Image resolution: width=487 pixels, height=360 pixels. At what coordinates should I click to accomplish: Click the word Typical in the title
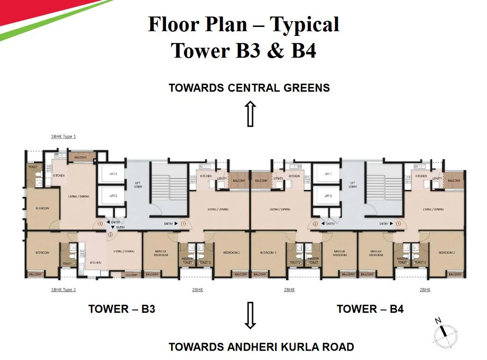click(x=304, y=24)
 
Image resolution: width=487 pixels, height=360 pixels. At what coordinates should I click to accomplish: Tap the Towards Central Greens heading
click(x=249, y=87)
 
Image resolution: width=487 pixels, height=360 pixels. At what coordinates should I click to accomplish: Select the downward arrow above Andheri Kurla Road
click(x=251, y=316)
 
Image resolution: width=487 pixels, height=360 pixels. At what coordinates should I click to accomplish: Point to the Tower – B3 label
click(x=122, y=309)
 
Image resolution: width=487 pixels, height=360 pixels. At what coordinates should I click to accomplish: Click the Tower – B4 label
click(x=370, y=309)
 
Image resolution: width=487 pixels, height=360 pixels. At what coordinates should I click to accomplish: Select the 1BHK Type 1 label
click(x=63, y=137)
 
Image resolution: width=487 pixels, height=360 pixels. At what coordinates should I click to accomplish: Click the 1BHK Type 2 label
click(x=63, y=290)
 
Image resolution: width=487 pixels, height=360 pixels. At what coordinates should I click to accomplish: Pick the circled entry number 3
click(x=100, y=224)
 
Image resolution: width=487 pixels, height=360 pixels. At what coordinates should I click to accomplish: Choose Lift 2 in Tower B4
click(x=328, y=196)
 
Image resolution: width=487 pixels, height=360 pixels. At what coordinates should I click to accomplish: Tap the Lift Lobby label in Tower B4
click(x=352, y=185)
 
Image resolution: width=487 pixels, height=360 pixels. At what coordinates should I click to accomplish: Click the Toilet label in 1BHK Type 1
click(x=32, y=167)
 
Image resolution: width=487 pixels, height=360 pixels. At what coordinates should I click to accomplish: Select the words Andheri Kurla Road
click(x=291, y=347)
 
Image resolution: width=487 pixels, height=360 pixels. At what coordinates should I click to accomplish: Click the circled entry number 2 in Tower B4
click(x=315, y=224)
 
